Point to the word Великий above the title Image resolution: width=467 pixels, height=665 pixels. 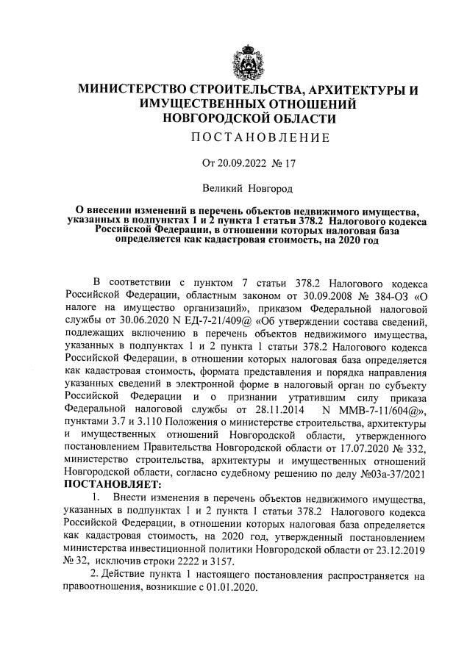coord(226,189)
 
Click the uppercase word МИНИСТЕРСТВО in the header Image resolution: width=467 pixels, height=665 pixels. coord(138,90)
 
